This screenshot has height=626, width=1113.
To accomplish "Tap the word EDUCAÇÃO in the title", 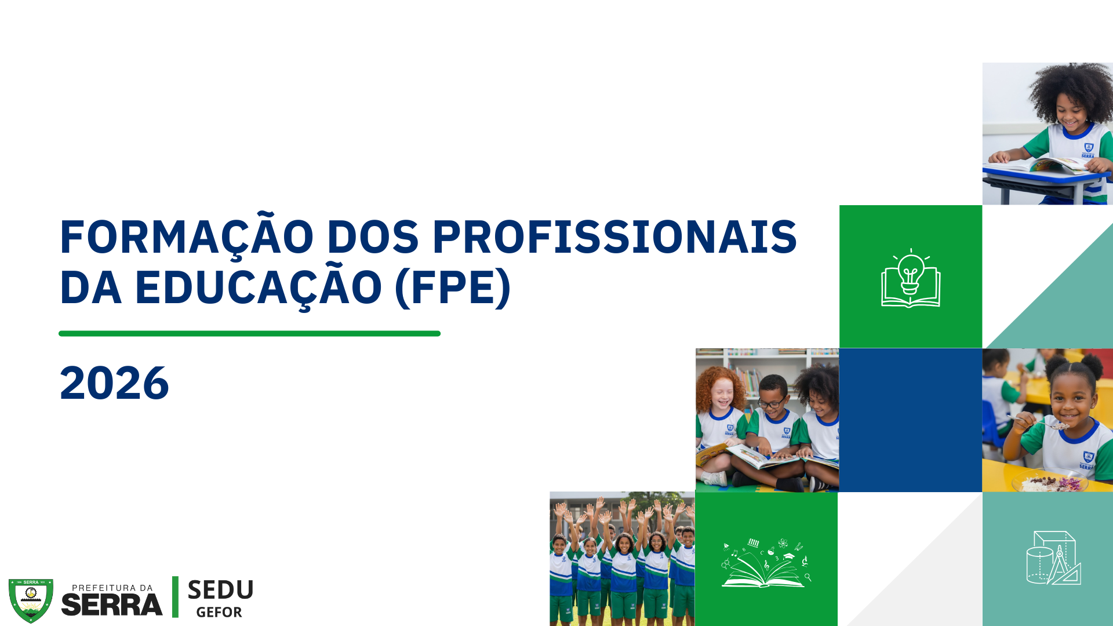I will point(258,287).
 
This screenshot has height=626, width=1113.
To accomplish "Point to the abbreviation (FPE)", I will point(453,287).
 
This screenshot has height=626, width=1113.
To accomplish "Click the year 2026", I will point(114,384).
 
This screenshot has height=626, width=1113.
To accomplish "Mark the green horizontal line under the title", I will point(249,334).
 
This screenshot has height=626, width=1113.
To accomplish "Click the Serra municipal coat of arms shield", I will point(31,600).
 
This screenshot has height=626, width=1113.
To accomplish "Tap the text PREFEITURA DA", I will point(112,588).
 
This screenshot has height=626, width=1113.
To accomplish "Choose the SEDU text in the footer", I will point(220,590).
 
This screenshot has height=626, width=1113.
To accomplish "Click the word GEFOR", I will point(219,613).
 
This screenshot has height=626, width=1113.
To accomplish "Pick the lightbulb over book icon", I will point(911,280).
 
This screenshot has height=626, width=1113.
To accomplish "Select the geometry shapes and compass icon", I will point(1053,558).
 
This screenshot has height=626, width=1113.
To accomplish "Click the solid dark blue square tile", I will point(910,420).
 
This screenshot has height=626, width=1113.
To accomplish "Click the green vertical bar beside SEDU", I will point(175,597).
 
